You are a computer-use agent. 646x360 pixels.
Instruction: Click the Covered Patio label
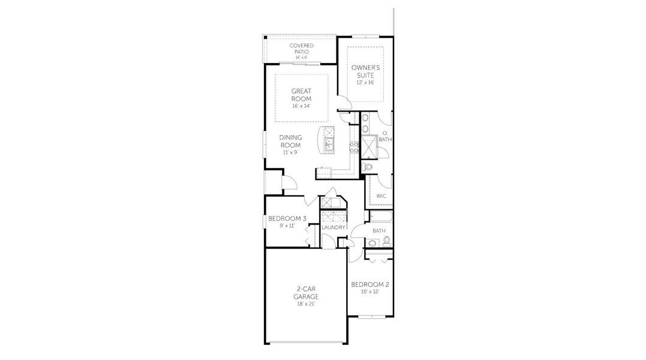tap(301, 48)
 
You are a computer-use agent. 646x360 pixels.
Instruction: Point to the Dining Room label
tap(290, 141)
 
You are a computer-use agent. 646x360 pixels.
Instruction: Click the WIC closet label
tap(381, 196)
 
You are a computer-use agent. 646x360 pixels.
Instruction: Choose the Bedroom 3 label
tap(287, 218)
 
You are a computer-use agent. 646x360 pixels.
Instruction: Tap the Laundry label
tap(333, 227)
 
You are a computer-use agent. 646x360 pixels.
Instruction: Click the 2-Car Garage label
tap(305, 293)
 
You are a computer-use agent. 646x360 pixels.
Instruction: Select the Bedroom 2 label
tap(370, 284)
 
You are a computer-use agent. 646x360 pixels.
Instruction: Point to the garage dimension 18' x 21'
tap(305, 304)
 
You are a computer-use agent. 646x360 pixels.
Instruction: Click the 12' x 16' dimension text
tap(365, 83)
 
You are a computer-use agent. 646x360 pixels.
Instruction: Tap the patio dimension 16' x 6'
tap(301, 57)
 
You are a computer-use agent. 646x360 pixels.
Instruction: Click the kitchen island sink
tap(329, 143)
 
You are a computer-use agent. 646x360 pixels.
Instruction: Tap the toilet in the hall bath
tap(386, 241)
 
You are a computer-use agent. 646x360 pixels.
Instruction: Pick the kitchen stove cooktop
tap(354, 147)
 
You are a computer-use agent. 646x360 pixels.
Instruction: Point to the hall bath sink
tap(373, 243)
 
